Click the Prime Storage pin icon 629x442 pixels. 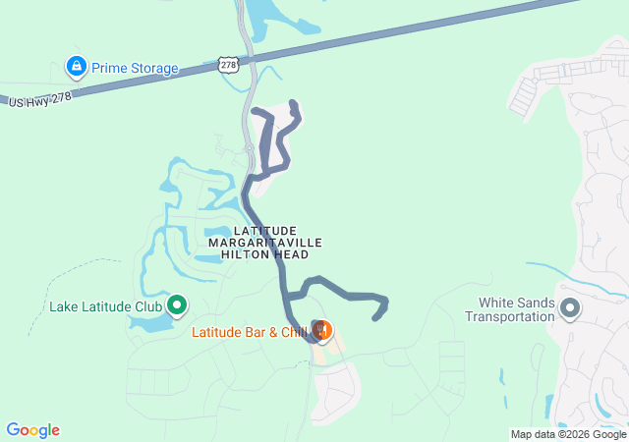[x=76, y=67]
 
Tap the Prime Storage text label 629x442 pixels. [x=135, y=69]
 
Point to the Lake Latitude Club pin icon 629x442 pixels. [x=178, y=305]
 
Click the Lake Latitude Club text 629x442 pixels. [x=105, y=306]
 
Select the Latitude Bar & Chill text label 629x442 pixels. [x=250, y=332]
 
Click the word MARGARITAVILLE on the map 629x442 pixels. [x=265, y=242]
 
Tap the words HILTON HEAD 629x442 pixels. [x=265, y=253]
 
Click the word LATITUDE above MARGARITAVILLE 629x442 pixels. [x=265, y=230]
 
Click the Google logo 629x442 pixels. [x=32, y=430]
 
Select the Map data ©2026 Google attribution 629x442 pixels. [x=568, y=434]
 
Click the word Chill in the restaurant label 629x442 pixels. [x=292, y=332]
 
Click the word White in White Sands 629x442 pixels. [x=496, y=303]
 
